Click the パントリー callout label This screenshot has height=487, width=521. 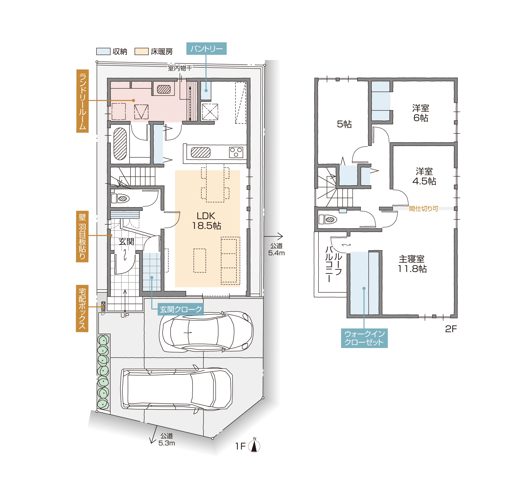tap(206, 49)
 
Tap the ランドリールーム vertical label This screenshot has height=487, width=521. tap(83, 101)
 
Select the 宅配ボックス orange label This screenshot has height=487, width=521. tap(82, 308)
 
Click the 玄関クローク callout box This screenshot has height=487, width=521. tap(181, 309)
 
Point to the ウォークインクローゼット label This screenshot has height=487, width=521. tap(364, 338)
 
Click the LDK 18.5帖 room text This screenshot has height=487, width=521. tap(206, 221)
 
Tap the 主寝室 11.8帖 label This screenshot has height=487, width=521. tap(412, 264)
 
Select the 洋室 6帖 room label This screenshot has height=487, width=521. tap(421, 113)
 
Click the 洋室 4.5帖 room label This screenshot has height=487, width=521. tap(424, 176)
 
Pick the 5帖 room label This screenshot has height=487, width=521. tap(344, 124)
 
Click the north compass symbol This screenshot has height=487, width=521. tap(254, 445)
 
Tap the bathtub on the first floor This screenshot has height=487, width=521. tap(120, 144)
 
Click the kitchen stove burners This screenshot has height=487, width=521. tap(236, 152)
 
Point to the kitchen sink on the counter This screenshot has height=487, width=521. tap(201, 152)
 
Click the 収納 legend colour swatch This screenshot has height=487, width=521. tap(103, 52)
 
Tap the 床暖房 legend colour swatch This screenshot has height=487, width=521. tap(141, 52)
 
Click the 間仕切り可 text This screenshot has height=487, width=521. tap(423, 208)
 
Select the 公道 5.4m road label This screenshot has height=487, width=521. tap(276, 249)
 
